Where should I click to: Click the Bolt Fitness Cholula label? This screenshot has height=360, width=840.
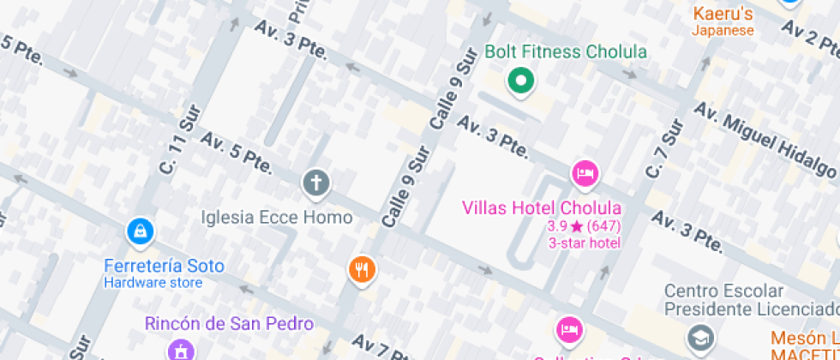[566, 51]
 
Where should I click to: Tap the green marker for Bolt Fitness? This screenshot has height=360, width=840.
[519, 82]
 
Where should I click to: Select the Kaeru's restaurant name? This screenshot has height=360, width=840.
[723, 14]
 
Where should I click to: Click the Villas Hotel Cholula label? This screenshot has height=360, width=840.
[542, 207]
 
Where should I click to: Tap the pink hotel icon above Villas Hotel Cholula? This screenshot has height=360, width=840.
[585, 173]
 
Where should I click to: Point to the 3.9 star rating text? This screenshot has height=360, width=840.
[584, 227]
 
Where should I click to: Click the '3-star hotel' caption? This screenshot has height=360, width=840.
[584, 243]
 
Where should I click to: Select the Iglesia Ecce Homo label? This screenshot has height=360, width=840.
[276, 217]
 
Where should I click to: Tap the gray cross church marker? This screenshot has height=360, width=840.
[315, 183]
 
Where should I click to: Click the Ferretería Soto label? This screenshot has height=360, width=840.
[164, 266]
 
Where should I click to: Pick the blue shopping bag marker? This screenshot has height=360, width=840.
[140, 231]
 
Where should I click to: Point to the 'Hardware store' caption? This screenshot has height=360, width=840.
[153, 282]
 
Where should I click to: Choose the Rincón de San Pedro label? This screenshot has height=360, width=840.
[229, 324]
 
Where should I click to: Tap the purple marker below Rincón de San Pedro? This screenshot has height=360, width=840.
[181, 350]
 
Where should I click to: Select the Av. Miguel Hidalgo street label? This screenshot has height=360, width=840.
[763, 140]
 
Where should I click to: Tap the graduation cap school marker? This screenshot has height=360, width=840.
[701, 336]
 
